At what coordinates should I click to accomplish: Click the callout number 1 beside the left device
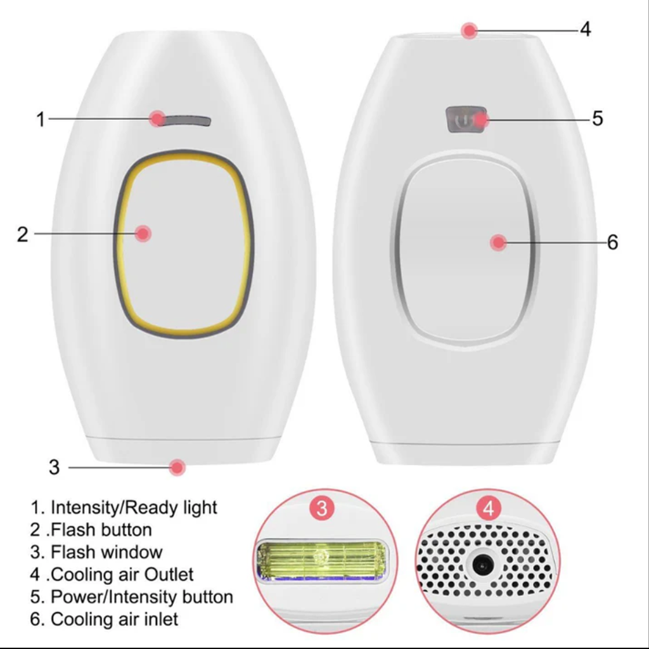pyautogui.click(x=41, y=119)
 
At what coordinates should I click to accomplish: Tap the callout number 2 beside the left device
pyautogui.click(x=23, y=235)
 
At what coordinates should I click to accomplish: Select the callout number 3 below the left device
pyautogui.click(x=55, y=467)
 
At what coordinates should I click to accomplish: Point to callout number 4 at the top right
pyautogui.click(x=585, y=29)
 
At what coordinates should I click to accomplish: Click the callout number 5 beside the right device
pyautogui.click(x=597, y=119)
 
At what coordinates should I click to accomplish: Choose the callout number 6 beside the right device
pyautogui.click(x=613, y=242)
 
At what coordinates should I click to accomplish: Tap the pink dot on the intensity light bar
pyautogui.click(x=158, y=119)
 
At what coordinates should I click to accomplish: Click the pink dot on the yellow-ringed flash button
pyautogui.click(x=143, y=234)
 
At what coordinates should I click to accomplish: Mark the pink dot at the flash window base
pyautogui.click(x=177, y=467)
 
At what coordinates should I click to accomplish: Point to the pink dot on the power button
pyautogui.click(x=481, y=120)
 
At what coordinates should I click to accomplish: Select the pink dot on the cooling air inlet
pyautogui.click(x=498, y=243)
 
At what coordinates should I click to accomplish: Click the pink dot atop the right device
pyautogui.click(x=470, y=30)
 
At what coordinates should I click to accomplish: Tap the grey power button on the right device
pyautogui.click(x=466, y=120)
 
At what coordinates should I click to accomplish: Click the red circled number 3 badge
pyautogui.click(x=322, y=508)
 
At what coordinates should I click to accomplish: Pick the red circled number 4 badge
pyautogui.click(x=489, y=508)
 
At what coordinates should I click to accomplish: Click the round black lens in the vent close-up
pyautogui.click(x=482, y=565)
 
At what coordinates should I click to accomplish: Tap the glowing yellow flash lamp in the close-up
pyautogui.click(x=321, y=560)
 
